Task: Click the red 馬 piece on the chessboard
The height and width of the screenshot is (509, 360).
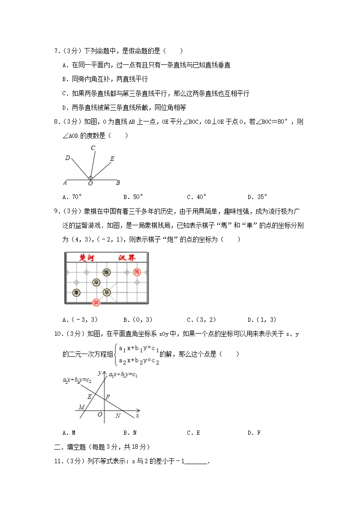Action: click(137, 272)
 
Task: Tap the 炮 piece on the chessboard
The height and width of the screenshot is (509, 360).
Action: click(107, 272)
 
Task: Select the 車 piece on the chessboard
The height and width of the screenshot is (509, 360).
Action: click(76, 292)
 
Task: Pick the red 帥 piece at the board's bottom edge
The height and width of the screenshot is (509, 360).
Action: click(96, 302)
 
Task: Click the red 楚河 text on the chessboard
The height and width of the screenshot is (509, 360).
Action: click(86, 258)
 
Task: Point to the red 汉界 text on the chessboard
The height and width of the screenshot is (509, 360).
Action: click(126, 258)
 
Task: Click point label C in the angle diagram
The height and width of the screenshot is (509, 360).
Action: click(92, 148)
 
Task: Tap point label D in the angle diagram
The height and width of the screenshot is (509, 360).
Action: click(67, 158)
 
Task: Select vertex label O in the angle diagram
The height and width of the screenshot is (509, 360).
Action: click(90, 184)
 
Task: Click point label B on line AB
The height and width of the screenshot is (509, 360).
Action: click(118, 183)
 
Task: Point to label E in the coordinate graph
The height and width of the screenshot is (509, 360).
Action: click(89, 397)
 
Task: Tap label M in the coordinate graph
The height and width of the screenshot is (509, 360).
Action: click(82, 407)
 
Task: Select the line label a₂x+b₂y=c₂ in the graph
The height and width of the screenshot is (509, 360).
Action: click(77, 380)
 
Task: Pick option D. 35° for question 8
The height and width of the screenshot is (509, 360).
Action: click(257, 197)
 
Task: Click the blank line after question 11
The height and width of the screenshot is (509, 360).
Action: click(196, 461)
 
